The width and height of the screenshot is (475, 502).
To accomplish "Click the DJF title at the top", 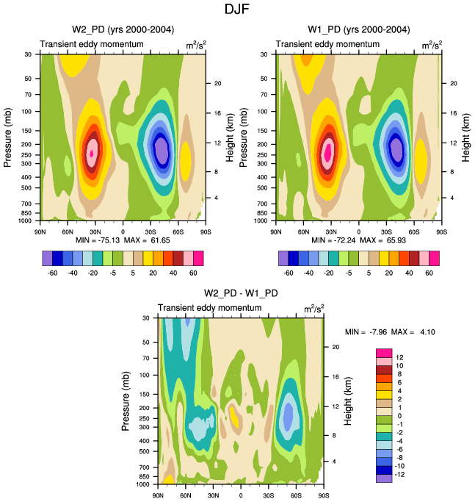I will point(237,10).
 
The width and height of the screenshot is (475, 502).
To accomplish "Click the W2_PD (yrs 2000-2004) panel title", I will point(123,29).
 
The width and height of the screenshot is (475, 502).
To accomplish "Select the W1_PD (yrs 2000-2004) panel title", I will point(359,29).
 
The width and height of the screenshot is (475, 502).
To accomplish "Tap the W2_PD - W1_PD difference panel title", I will point(240,293).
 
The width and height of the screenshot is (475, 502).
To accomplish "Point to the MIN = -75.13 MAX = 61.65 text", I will point(122,240).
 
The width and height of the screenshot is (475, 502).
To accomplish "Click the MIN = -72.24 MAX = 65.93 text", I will point(359,240).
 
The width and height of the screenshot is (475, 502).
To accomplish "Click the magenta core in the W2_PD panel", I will point(92,152).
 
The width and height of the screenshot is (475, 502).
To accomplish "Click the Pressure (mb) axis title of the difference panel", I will point(125,401).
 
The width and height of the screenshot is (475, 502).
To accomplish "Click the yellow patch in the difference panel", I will point(234,417).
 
